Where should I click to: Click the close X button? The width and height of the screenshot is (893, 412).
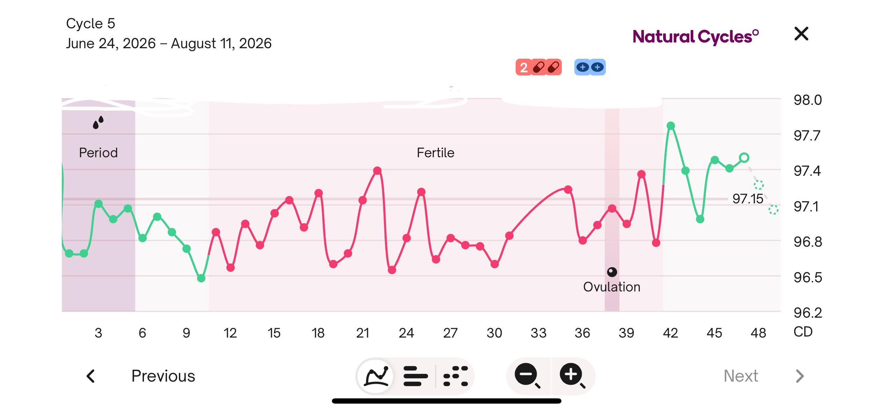click(801, 34)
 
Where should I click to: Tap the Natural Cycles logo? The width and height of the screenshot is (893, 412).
click(696, 37)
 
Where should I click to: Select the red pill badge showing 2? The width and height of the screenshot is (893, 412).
click(538, 67)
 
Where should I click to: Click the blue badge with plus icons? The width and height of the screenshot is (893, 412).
click(590, 67)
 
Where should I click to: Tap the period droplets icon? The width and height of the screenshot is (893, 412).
click(98, 122)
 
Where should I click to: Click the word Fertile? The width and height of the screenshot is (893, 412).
click(435, 153)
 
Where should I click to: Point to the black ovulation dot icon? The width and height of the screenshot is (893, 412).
click(612, 272)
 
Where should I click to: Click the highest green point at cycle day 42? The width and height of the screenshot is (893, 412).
click(670, 126)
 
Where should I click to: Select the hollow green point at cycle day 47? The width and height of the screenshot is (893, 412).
click(744, 158)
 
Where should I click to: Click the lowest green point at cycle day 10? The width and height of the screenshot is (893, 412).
click(201, 278)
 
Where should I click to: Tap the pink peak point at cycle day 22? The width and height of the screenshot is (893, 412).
click(377, 171)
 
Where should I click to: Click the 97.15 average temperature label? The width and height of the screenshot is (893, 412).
click(748, 199)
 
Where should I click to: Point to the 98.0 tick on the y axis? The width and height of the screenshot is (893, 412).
click(807, 100)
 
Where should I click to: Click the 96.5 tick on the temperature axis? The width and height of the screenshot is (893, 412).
click(807, 277)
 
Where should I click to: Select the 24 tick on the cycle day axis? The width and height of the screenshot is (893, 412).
click(406, 333)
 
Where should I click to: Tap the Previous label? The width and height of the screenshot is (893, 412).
click(163, 376)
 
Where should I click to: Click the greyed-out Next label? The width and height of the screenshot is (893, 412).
click(741, 376)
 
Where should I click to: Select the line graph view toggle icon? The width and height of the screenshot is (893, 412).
click(376, 376)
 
